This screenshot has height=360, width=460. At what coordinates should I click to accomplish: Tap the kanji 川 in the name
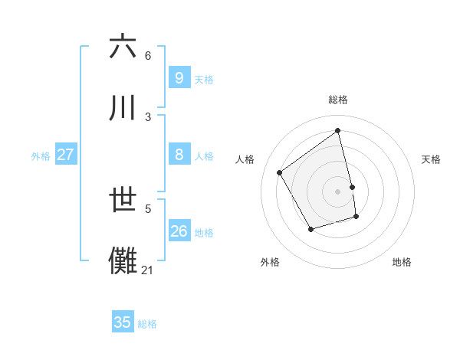[x=123, y=107]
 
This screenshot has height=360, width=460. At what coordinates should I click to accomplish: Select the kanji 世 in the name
[x=123, y=200]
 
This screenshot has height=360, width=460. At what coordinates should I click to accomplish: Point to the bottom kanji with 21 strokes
[x=123, y=261]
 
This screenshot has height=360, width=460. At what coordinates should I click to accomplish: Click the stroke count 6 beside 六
[x=147, y=56]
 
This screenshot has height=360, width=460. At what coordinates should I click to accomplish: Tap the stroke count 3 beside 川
[x=147, y=116]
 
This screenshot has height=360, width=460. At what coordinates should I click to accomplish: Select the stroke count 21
[x=147, y=270]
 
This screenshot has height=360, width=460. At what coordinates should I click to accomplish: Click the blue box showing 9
[x=179, y=77]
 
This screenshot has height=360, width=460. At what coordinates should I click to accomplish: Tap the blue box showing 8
[x=179, y=155]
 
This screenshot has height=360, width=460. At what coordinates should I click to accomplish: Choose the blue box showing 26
[x=179, y=231]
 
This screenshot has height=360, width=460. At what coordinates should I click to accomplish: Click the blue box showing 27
[x=65, y=155]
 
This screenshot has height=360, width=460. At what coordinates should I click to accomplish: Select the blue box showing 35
[x=123, y=322]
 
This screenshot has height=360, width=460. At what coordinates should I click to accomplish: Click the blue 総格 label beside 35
[x=147, y=324]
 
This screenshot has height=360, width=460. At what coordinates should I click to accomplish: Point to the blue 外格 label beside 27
[x=41, y=156]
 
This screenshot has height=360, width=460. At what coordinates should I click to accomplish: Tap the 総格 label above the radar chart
[x=338, y=100]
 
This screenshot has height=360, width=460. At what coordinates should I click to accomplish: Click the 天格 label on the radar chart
[x=431, y=159]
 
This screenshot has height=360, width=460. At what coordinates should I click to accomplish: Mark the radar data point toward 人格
[x=280, y=172]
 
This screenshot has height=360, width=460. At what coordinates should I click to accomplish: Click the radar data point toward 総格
[x=338, y=131]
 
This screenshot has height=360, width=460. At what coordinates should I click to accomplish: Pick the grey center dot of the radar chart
[x=338, y=191]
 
